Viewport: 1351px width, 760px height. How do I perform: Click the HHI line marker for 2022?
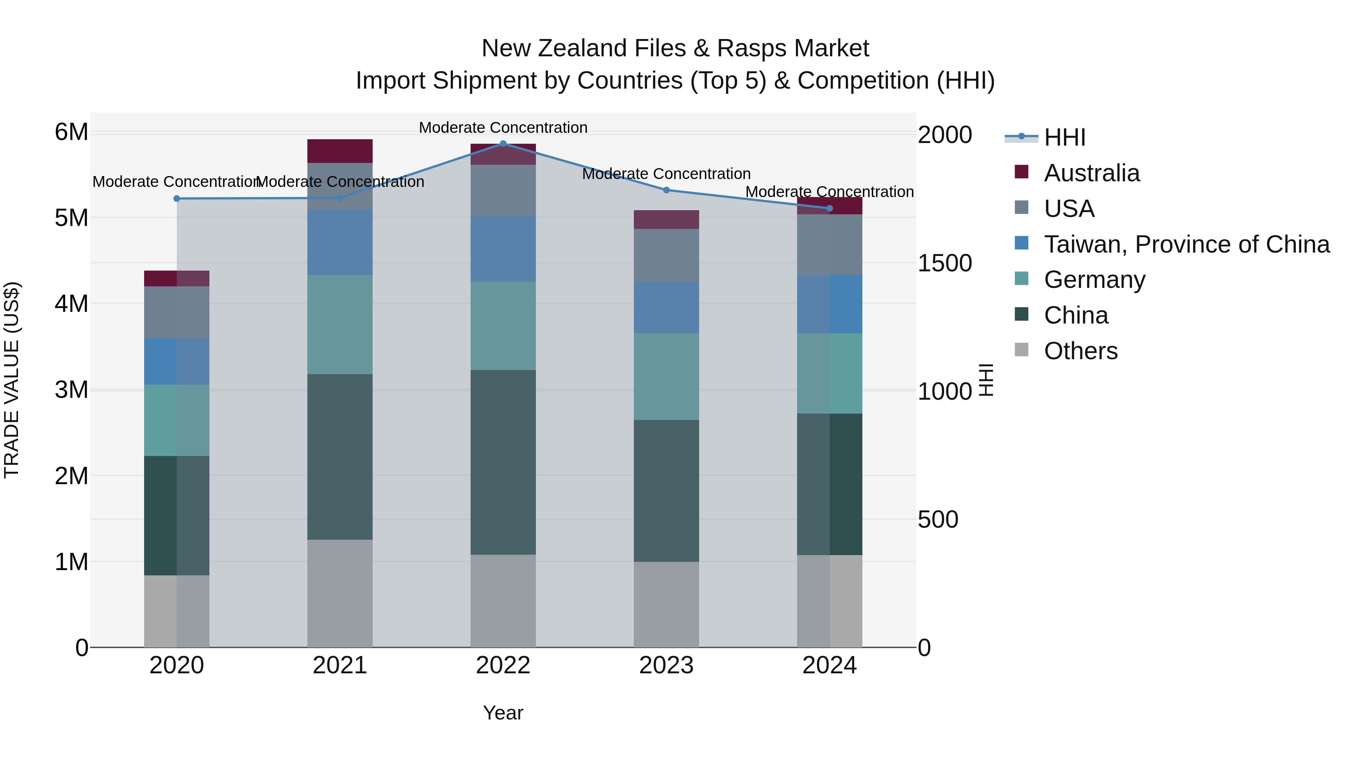coord(503,144)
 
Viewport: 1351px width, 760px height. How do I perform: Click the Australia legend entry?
coord(1091,173)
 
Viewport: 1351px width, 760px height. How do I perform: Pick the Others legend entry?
coord(1080,351)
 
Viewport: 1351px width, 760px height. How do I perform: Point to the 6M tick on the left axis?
coord(71,132)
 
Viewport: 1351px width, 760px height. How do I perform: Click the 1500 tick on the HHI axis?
coord(945,263)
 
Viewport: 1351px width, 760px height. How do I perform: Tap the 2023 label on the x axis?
coord(666,665)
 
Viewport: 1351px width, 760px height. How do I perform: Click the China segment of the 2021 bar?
coord(340,456)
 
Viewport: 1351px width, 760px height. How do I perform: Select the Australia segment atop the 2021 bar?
coord(340,151)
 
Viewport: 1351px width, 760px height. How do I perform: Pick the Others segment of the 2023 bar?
coord(666,604)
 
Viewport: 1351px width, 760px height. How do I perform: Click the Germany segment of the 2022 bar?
coord(503,326)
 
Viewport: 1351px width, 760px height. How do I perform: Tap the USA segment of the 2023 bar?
coord(666,256)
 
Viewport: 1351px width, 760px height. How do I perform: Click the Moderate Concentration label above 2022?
coord(503,128)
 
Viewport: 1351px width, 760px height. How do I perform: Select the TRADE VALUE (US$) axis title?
coord(12,380)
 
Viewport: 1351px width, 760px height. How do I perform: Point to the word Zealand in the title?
coord(583,48)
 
